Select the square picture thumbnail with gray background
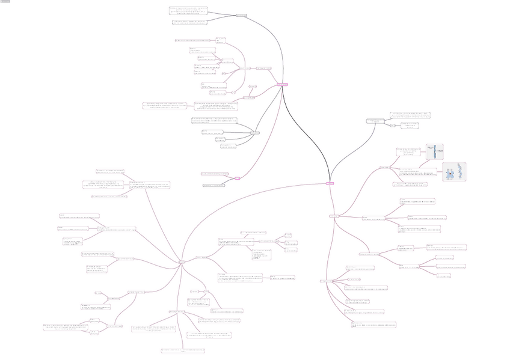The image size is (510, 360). pyautogui.click(x=454, y=172)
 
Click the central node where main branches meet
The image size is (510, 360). pyautogui.click(x=330, y=183)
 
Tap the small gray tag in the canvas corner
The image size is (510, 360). pyautogui.click(x=5, y=2)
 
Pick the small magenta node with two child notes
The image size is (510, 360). pyautogui.click(x=237, y=178)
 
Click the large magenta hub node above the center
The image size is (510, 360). pyautogui.click(x=282, y=85)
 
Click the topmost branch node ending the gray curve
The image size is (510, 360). pyautogui.click(x=241, y=15)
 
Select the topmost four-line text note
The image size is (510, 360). pyautogui.click(x=189, y=11)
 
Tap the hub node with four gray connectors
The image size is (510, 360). pyautogui.click(x=254, y=132)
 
